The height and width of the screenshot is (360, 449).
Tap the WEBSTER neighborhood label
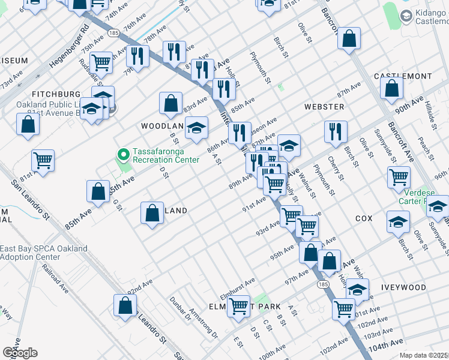click(x=324, y=107)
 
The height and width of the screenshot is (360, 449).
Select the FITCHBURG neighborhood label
click(x=56, y=95)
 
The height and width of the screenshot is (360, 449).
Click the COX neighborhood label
click(x=364, y=219)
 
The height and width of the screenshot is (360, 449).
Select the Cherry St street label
click(x=335, y=169)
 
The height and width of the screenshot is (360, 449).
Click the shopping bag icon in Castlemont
click(x=391, y=89)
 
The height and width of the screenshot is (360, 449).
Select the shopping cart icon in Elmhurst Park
click(x=239, y=307)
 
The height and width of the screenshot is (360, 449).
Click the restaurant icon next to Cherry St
click(x=336, y=131)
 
